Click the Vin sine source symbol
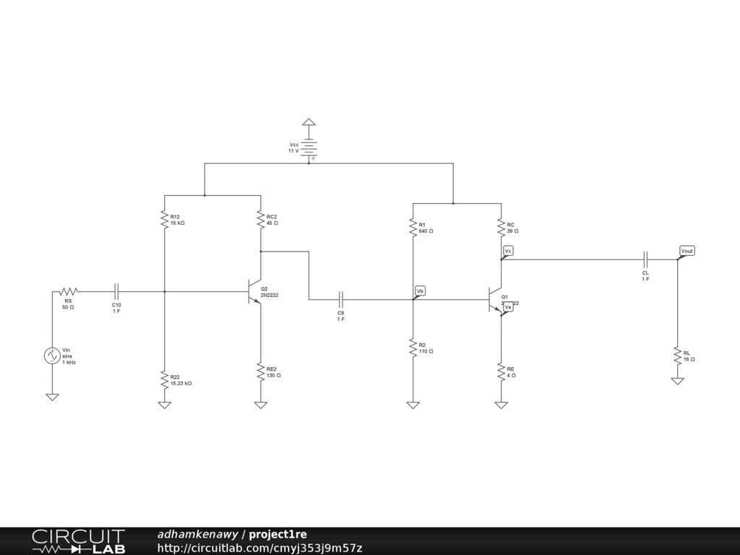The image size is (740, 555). pos(52,356)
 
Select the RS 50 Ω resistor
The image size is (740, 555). pos(67,291)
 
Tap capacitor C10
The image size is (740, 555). pos(116,291)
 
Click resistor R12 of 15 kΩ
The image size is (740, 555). pos(165,219)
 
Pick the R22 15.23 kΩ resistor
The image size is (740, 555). pos(165,379)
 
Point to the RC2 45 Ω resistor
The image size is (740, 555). pos(261,219)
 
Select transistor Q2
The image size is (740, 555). pos(254,291)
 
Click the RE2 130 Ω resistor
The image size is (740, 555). pos(261,372)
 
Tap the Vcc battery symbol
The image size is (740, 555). pos(309,148)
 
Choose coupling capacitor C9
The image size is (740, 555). pos(341,298)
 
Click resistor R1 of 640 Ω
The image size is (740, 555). pos(413,228)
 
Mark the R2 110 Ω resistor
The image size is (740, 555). pos(413,348)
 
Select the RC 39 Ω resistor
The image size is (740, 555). pos(501,228)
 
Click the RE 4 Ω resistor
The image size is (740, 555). pos(501,372)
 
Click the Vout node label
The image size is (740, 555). pos(687,251)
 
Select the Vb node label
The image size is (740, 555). pos(420,291)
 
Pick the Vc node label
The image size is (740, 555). pos(508,251)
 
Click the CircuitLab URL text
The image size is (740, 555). pos(259,548)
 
